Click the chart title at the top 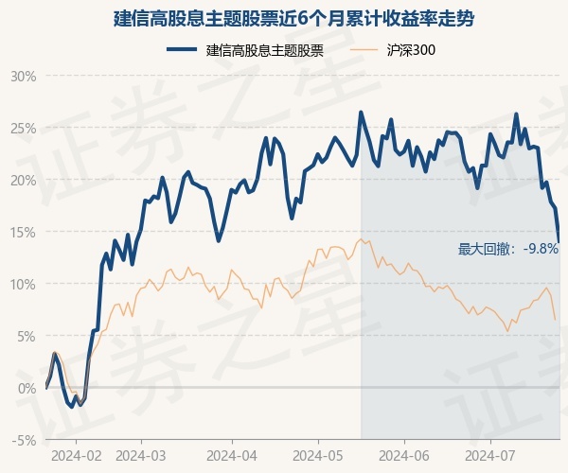click(293, 19)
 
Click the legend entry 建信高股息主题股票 click(265, 50)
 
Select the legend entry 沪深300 click(411, 50)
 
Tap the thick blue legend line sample click(182, 49)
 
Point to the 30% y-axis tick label click(24, 77)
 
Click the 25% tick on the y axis click(24, 129)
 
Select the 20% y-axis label click(24, 181)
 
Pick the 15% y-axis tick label click(24, 233)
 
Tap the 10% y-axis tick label click(24, 285)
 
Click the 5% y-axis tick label click(27, 337)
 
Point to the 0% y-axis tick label click(27, 388)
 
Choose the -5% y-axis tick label click(25, 441)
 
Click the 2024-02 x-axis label click(77, 456)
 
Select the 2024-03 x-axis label click(140, 456)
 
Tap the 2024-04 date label click(232, 456)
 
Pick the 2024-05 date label click(318, 456)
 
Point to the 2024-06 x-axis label click(404, 456)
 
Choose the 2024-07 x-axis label click(490, 456)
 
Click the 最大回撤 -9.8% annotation click(507, 249)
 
